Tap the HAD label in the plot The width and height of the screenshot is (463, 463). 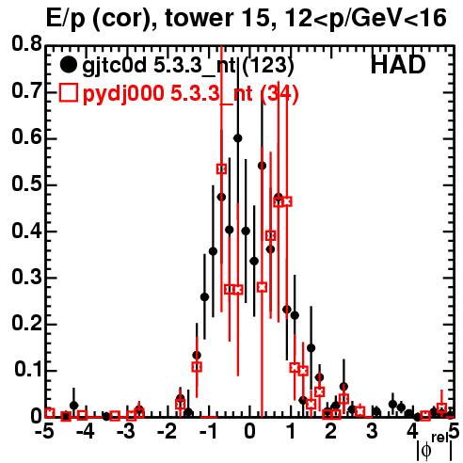click(x=398, y=65)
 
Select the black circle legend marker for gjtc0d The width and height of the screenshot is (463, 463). click(x=68, y=65)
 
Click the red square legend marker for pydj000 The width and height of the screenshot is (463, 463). click(x=68, y=93)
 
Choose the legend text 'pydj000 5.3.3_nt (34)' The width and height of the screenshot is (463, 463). click(x=190, y=94)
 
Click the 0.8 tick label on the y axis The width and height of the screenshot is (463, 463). click(x=26, y=44)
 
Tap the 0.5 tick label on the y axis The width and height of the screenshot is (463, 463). click(x=26, y=184)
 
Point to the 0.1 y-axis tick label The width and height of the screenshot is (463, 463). click(x=27, y=370)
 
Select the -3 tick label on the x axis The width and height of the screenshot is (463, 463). click(x=126, y=431)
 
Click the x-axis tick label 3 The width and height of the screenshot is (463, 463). click(x=372, y=431)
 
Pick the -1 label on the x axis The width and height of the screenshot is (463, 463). click(x=209, y=431)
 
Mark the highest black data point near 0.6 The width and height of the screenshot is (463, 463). click(x=238, y=138)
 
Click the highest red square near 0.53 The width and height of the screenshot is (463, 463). click(x=221, y=168)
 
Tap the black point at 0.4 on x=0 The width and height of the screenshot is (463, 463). click(x=246, y=231)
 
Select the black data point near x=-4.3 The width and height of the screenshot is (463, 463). click(x=74, y=406)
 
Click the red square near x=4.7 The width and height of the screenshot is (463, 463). click(x=441, y=407)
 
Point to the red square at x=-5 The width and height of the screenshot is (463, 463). click(x=50, y=413)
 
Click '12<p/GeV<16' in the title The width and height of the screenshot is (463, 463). click(x=364, y=19)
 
